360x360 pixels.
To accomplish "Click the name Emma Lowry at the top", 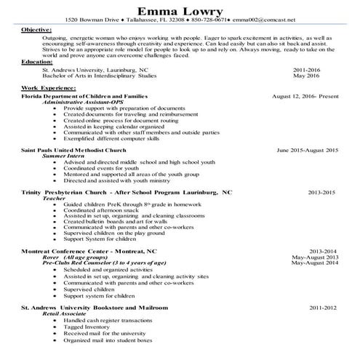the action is (x=180, y=10).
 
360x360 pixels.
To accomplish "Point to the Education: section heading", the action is (x=36, y=63).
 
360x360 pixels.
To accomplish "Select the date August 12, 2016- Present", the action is (x=305, y=95).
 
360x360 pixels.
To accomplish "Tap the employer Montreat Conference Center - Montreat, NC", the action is (x=89, y=251).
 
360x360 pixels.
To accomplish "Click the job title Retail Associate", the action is (x=65, y=314).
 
